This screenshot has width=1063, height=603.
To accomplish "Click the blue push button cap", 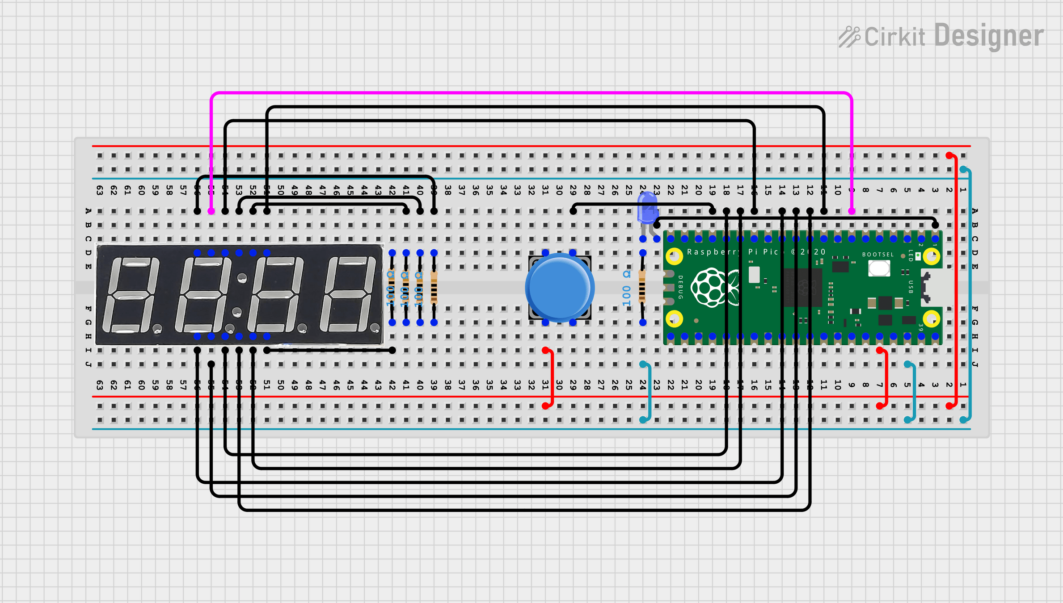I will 559,287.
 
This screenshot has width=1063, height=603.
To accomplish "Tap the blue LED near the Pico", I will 647,208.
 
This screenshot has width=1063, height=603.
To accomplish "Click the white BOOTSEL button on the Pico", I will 879,268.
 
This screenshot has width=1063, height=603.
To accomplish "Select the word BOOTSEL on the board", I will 877,255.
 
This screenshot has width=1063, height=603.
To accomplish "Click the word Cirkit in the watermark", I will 894,37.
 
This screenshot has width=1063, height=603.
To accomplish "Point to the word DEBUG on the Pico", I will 680,287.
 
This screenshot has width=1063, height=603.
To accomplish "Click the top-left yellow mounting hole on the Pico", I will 674,256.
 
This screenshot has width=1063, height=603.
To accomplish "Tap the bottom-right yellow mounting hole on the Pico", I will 932,319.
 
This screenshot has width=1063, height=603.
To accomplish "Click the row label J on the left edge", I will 89,364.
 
